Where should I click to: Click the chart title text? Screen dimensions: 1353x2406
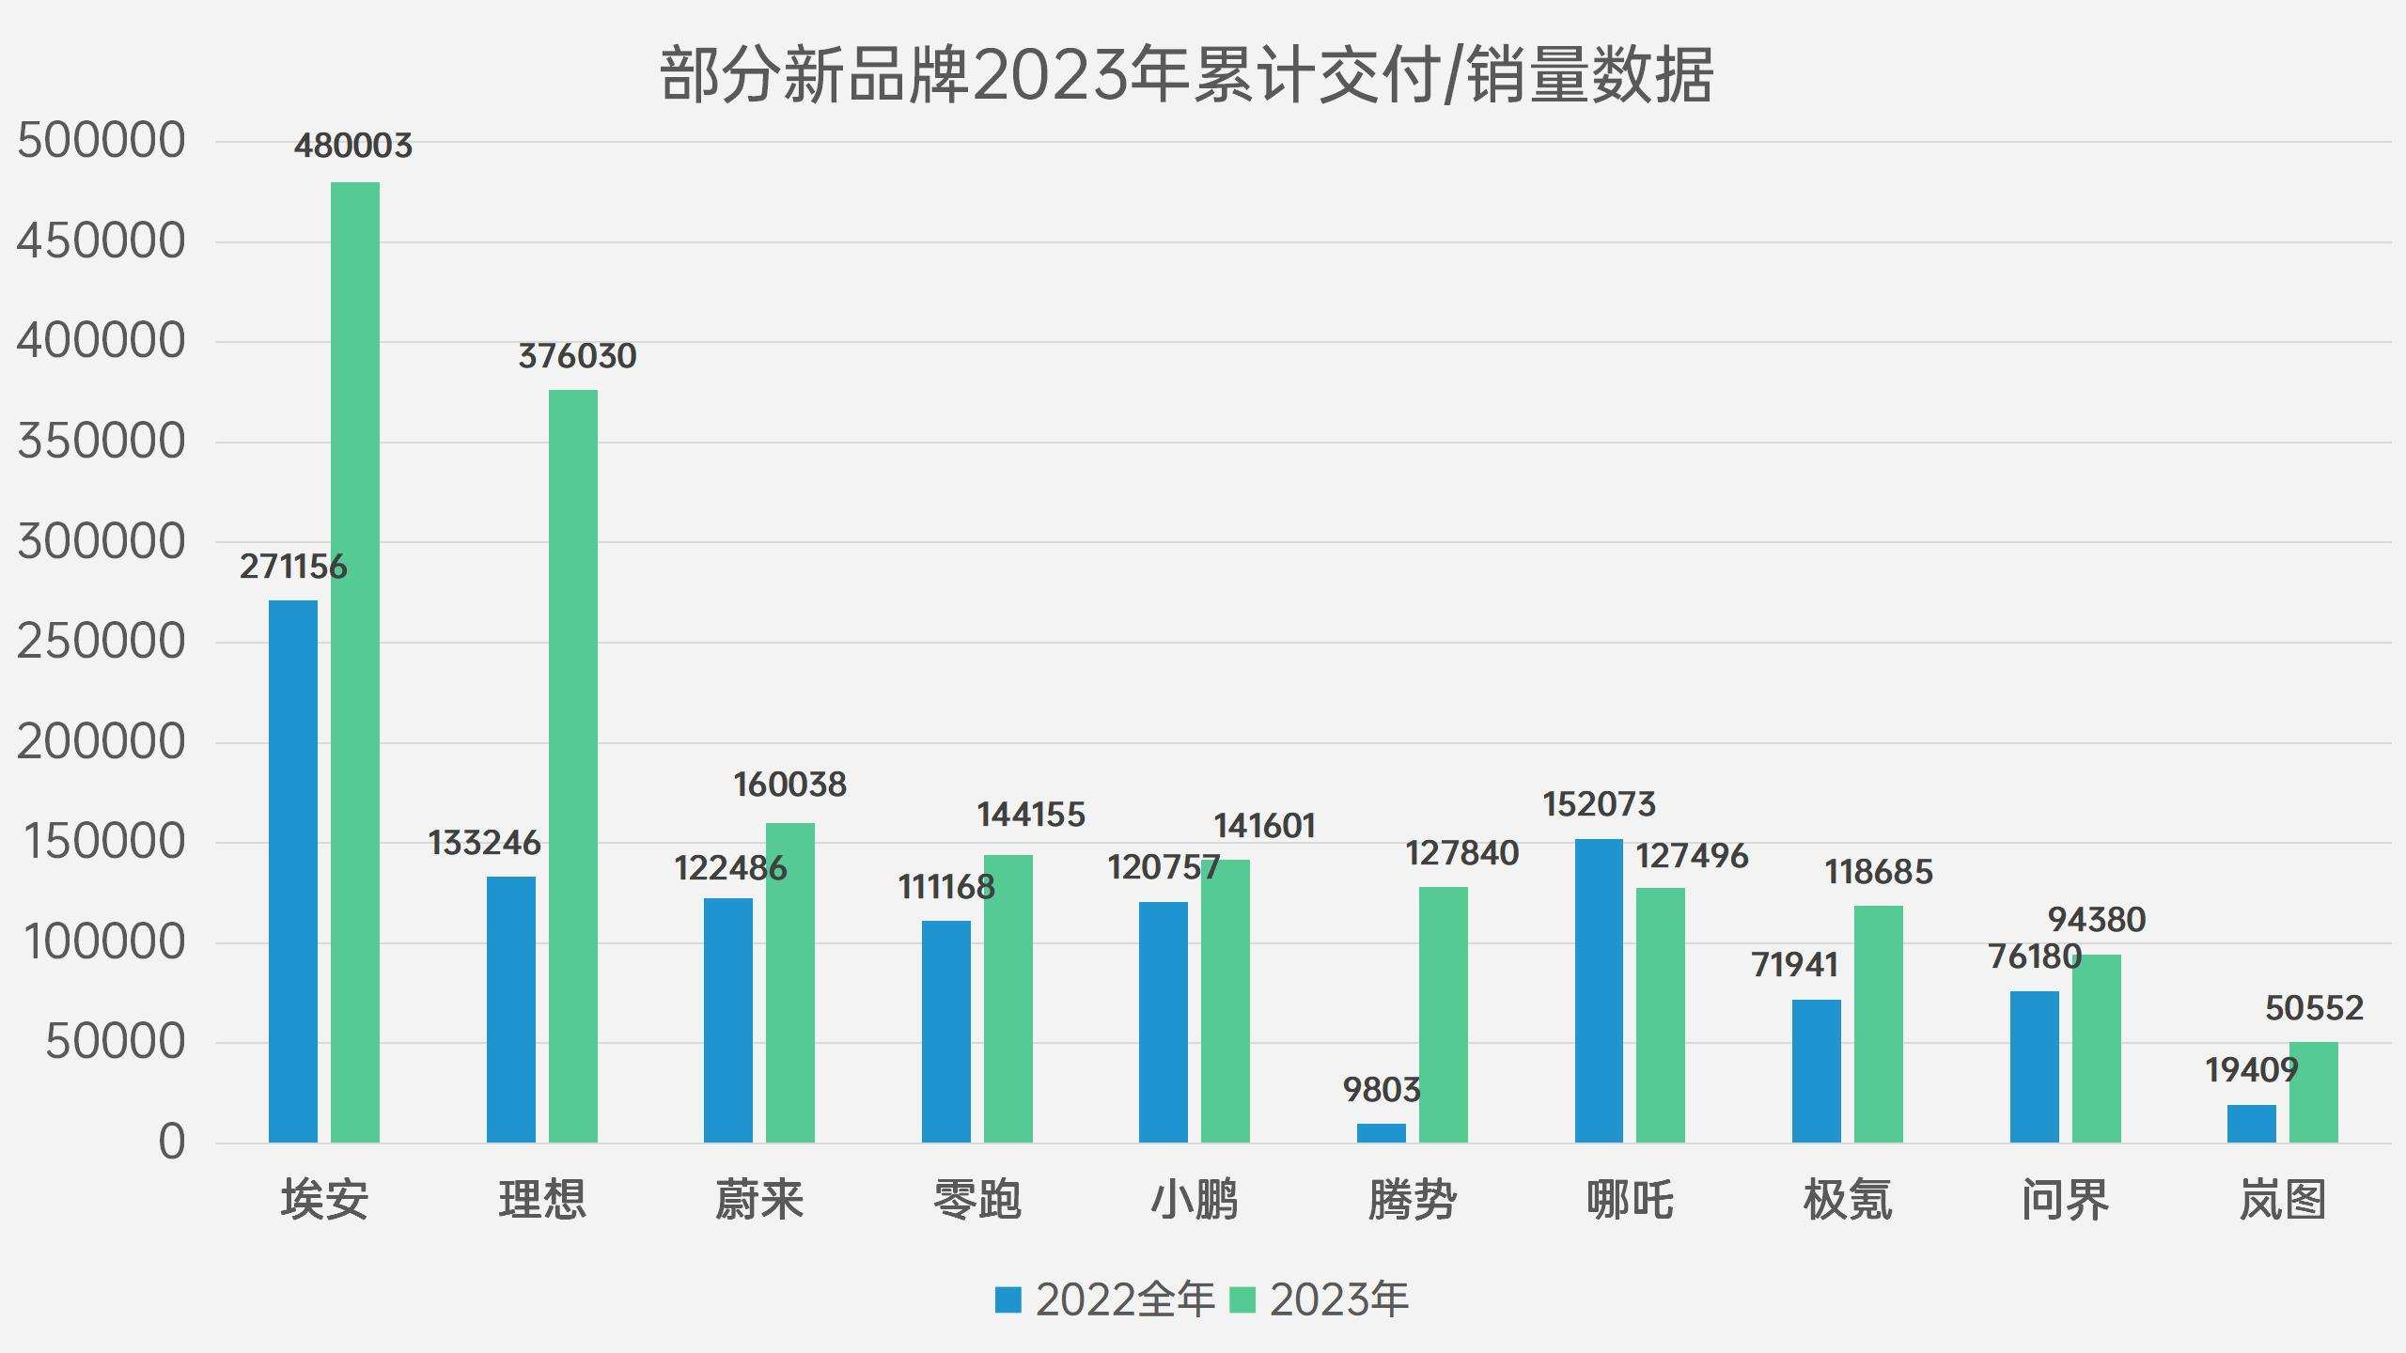(1186, 75)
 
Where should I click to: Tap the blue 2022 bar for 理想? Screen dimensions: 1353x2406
(510, 1009)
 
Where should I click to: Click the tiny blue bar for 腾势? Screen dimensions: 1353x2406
(1381, 1133)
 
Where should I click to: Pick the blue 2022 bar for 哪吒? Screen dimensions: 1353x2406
(1599, 990)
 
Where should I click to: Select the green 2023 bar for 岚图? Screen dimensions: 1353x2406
(2313, 1092)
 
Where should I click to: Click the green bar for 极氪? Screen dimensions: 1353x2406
(1878, 1024)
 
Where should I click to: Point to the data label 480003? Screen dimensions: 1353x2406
(352, 146)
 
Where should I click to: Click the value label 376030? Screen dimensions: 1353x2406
(577, 356)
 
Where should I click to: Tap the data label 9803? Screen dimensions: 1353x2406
(1381, 1090)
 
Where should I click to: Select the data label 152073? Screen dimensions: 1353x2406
(1599, 804)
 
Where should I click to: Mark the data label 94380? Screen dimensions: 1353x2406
(2096, 919)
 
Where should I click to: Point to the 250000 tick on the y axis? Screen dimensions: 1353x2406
(102, 642)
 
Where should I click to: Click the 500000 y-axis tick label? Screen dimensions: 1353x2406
(102, 141)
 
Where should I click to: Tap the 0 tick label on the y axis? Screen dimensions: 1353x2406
(171, 1143)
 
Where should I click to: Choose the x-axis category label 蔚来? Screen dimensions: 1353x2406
(759, 1200)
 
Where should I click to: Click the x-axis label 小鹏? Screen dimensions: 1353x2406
(1195, 1200)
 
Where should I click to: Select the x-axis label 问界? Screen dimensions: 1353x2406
(2065, 1200)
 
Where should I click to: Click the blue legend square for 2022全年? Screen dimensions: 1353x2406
(1008, 1300)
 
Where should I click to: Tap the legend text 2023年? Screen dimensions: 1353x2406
(1338, 1300)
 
